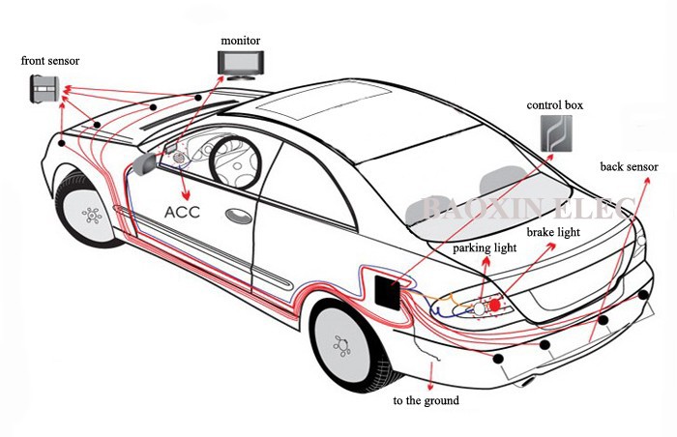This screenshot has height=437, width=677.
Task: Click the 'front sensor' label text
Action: pos(50,61)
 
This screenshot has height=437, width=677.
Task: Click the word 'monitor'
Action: pos(240,40)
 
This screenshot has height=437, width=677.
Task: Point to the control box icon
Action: pos(555,134)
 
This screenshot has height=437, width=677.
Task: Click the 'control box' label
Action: pos(555,104)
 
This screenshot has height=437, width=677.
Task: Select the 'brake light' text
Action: pos(553,233)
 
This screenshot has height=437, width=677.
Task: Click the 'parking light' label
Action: pos(485,248)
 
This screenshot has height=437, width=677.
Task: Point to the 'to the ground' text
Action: pos(426,400)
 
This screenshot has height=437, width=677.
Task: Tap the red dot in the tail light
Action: pos(495,305)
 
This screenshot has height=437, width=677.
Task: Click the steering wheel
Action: pos(233,154)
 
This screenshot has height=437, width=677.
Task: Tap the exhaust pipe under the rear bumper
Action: pos(527,380)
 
